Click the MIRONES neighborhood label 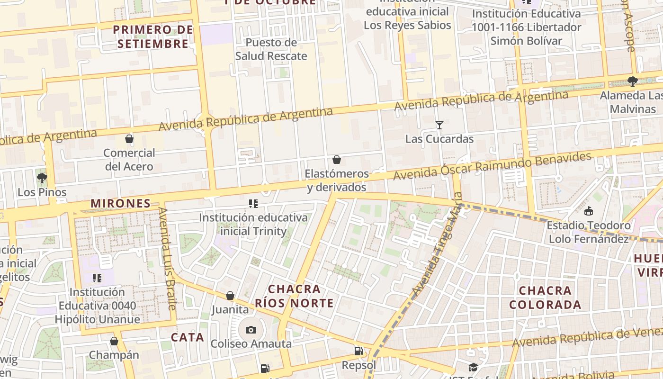coord(120,204)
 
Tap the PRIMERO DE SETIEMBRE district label coord(153,37)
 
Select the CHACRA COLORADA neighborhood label coord(545,298)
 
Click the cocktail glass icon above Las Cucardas coord(439,125)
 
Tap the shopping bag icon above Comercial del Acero coord(129,139)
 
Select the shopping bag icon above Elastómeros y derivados coord(337,160)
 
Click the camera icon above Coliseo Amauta coord(251,330)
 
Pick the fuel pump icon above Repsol coord(359,351)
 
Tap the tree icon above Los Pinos coord(42,178)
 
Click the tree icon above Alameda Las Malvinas coord(632,81)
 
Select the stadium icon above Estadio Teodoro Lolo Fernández coord(589,211)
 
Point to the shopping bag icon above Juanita coord(230,296)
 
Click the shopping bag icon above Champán coord(114,341)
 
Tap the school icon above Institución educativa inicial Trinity coord(253,204)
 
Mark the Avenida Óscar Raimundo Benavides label coord(493,166)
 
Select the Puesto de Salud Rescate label coord(271,49)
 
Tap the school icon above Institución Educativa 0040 coord(97,278)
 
